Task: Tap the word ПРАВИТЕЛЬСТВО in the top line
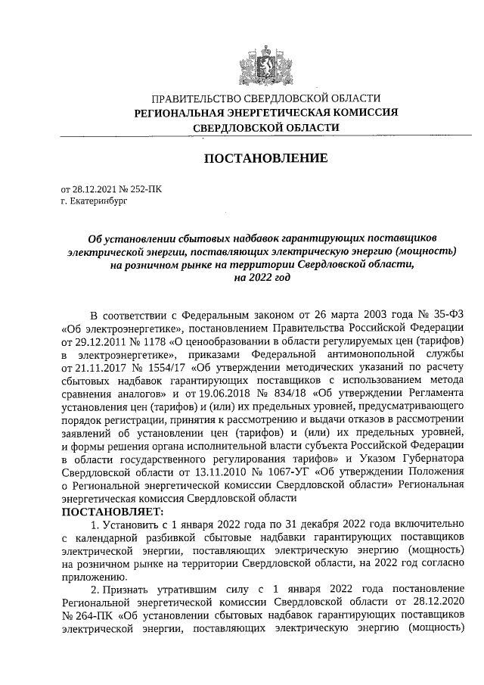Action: point(196,98)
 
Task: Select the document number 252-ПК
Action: point(144,188)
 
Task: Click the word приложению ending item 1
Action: point(92,574)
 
